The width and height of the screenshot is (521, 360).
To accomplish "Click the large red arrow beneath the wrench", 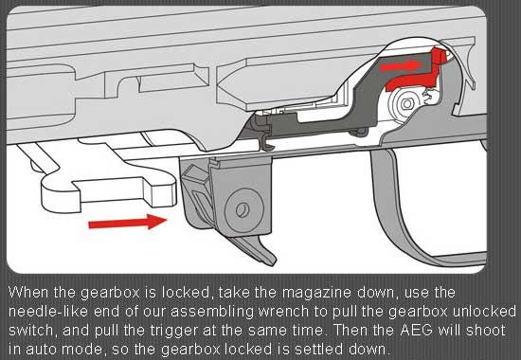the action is (x=128, y=223).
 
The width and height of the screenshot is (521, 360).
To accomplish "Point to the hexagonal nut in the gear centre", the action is (x=406, y=104).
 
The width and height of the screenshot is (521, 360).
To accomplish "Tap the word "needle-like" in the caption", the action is (x=48, y=312).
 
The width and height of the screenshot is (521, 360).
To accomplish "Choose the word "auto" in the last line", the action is (x=39, y=350).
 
